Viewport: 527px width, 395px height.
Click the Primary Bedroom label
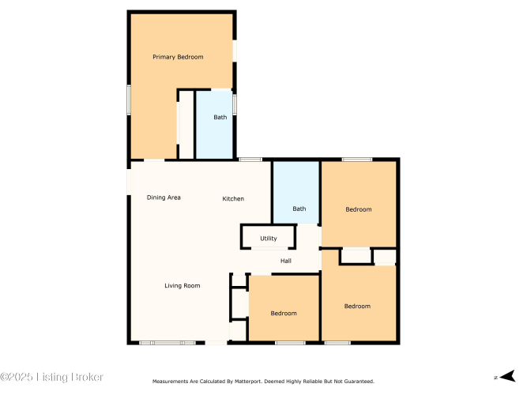point(178,57)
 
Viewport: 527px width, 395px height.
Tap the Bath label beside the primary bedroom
point(220,118)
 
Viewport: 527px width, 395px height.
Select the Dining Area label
point(164,197)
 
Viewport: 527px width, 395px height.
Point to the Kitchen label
point(233,198)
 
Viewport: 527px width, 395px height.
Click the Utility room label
point(269,239)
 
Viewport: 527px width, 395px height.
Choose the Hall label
point(286,261)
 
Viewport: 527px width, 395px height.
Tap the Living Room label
point(183,286)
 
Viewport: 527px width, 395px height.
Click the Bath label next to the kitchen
point(299,209)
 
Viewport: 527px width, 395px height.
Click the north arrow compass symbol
point(507,376)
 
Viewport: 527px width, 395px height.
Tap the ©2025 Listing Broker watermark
point(51,377)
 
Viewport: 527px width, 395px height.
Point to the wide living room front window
point(168,343)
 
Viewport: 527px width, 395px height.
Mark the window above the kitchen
point(250,160)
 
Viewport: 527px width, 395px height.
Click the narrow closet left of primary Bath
point(186,124)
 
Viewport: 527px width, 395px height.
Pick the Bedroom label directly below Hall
point(284,314)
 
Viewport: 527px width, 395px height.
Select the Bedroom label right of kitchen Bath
point(359,209)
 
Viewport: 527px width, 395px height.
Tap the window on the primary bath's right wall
point(235,104)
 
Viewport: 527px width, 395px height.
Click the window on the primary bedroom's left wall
point(129,100)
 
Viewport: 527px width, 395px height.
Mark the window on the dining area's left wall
point(129,182)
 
